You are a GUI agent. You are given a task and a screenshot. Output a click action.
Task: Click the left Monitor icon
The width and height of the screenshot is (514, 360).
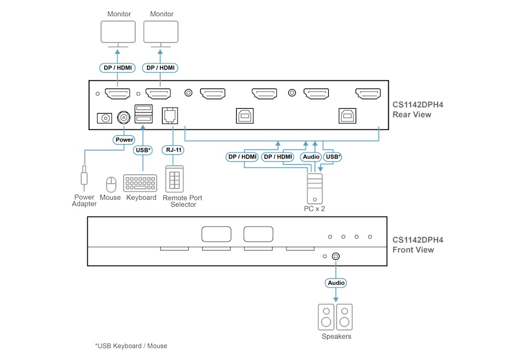[x=118, y=32]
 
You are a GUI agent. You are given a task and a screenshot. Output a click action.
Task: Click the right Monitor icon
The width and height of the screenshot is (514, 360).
[x=161, y=32]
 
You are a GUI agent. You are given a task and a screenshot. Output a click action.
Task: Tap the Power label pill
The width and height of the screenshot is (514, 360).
[x=124, y=140]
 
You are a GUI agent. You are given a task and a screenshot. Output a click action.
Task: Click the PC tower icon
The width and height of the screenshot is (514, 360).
[x=314, y=188]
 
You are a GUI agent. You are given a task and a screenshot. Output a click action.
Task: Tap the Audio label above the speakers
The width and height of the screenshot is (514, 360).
[x=335, y=282]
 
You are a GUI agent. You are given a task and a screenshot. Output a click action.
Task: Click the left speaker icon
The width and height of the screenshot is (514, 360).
[x=326, y=317]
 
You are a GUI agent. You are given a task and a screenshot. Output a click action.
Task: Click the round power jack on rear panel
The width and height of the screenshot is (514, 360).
[x=124, y=117]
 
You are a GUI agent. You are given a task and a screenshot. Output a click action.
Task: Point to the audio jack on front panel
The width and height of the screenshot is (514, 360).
[x=336, y=256]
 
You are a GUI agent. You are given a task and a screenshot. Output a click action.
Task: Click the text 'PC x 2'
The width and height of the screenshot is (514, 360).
[x=314, y=209]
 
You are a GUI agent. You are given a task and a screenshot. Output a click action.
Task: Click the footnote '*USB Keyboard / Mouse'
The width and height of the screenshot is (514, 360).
[x=131, y=346]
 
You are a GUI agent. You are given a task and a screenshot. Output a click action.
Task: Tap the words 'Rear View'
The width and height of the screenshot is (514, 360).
[x=412, y=115]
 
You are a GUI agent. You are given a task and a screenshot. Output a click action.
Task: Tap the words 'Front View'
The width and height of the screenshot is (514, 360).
[x=413, y=250]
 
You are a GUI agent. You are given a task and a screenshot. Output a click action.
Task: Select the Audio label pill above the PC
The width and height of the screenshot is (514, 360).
[x=310, y=157]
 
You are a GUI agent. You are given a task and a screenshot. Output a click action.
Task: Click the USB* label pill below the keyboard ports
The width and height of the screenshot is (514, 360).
[x=142, y=150]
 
